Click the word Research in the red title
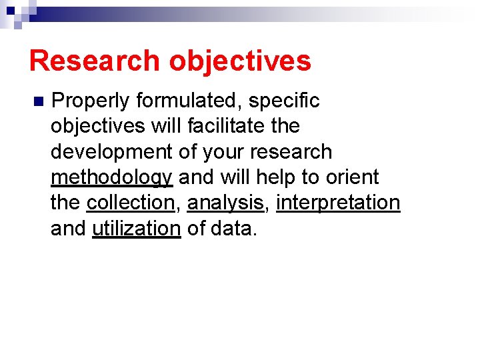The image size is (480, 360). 95,61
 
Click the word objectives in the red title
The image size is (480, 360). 240,61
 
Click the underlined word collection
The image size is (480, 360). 130,203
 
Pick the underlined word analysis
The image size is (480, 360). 226,203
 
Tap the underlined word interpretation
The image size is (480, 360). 338,203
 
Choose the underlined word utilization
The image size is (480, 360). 136,228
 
